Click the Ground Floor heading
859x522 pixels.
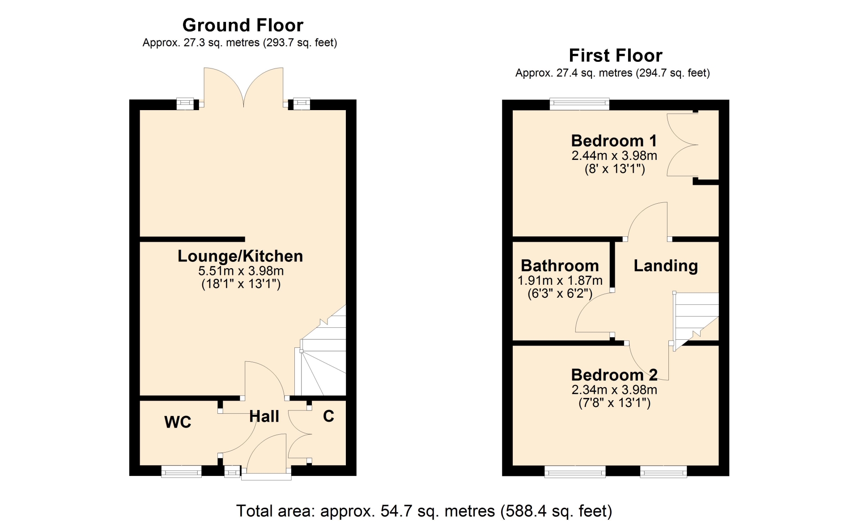click(x=243, y=25)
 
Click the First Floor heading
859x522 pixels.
click(x=616, y=56)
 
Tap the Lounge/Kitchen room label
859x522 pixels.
click(x=240, y=256)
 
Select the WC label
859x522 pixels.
click(x=178, y=422)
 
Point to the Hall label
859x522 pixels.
click(x=264, y=416)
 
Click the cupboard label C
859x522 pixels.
click(x=328, y=416)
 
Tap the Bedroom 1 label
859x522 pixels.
click(x=614, y=141)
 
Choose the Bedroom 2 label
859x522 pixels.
click(x=614, y=375)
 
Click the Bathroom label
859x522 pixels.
click(x=560, y=265)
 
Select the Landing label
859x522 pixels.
click(x=666, y=266)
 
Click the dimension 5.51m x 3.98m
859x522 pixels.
click(x=241, y=271)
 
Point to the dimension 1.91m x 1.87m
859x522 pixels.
click(x=560, y=281)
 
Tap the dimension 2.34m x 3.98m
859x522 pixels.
click(x=614, y=390)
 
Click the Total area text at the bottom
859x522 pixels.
click(x=424, y=511)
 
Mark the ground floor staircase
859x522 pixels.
click(x=320, y=350)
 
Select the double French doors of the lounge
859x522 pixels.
click(x=243, y=88)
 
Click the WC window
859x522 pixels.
click(x=181, y=471)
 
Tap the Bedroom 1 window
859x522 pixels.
click(x=579, y=104)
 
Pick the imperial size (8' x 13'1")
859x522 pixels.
click(x=615, y=169)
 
